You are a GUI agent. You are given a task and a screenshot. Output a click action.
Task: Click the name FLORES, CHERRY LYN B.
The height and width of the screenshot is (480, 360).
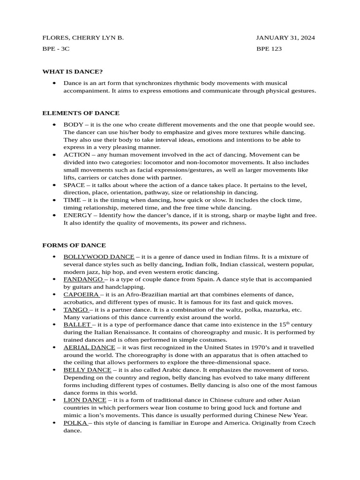83,37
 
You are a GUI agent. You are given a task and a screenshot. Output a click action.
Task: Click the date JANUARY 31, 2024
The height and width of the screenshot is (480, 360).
285,37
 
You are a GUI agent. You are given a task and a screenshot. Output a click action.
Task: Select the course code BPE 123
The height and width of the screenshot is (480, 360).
269,49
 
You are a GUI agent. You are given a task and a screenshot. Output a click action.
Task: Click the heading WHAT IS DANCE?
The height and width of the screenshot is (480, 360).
72,71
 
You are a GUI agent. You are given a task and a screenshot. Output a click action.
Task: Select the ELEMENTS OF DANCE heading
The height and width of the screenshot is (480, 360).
81,113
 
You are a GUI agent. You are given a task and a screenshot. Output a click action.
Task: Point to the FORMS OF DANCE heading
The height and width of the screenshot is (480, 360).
74,245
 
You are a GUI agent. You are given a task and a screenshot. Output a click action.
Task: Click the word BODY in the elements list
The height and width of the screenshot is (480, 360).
74,125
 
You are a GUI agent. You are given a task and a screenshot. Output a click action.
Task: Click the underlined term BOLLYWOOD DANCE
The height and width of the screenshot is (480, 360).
99,257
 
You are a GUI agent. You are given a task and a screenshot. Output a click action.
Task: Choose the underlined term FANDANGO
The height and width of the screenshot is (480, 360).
83,279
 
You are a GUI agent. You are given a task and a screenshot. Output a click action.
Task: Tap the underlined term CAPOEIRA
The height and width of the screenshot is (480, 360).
81,294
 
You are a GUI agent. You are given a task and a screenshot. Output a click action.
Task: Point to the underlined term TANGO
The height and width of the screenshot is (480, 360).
75,310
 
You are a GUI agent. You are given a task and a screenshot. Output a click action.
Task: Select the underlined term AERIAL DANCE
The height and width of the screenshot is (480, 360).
89,347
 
